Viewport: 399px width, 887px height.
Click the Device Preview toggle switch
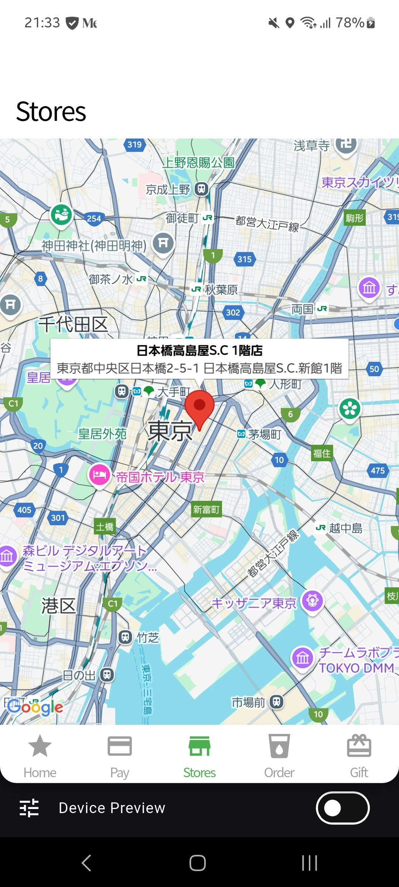pos(342,808)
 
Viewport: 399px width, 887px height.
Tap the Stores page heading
pos(51,112)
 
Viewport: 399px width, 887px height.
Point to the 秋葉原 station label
pos(221,290)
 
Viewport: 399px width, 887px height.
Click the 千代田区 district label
pos(73,324)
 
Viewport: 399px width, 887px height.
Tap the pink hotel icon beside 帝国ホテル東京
pos(99,475)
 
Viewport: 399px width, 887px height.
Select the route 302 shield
pos(233,313)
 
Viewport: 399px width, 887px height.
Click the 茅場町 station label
pos(264,434)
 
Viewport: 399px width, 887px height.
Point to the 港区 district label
pos(58,606)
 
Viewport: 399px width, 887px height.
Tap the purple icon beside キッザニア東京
pos(313,601)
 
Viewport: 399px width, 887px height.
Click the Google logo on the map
pos(35,707)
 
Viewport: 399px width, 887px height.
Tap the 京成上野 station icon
pos(201,189)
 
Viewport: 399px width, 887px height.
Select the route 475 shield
pos(378,470)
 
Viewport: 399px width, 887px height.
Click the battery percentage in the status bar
pos(349,23)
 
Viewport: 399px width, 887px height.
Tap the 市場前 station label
pos(248,702)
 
